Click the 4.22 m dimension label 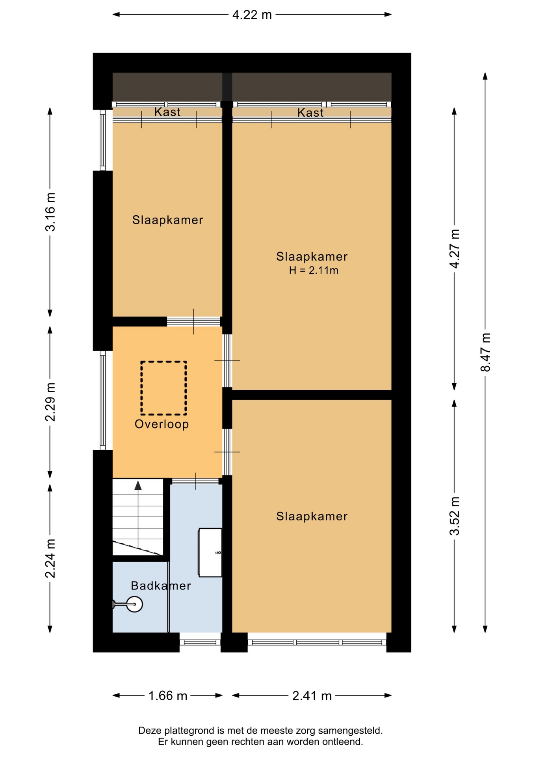tap(252, 15)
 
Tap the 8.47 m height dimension tap(485, 352)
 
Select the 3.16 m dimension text tap(50, 212)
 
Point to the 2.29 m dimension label tap(50, 401)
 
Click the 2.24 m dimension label tap(50, 558)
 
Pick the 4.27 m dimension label tap(454, 248)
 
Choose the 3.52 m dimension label tap(454, 516)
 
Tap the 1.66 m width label tap(167, 695)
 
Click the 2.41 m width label tap(312, 695)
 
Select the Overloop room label tap(162, 424)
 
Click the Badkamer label tap(161, 585)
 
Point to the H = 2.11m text tap(314, 270)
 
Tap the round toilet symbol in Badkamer tap(135, 604)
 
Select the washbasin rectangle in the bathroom tap(210, 552)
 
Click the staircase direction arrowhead tap(138, 485)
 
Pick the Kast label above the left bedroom tap(167, 112)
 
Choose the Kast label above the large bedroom tap(310, 113)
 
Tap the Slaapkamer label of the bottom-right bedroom tap(312, 516)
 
